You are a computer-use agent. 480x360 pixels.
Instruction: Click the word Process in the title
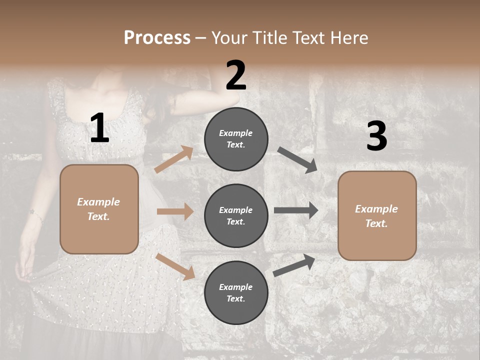(157, 38)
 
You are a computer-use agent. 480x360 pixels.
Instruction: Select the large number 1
(99, 128)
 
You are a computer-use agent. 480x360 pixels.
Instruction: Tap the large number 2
(236, 75)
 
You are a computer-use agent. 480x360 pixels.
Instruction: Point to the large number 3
(376, 136)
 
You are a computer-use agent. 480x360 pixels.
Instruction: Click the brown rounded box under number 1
(99, 209)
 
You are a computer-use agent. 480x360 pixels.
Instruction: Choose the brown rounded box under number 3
(377, 215)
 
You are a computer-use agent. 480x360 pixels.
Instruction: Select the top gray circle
(236, 139)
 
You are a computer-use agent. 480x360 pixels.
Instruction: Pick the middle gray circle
(236, 215)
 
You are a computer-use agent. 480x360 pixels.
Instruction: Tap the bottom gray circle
(236, 292)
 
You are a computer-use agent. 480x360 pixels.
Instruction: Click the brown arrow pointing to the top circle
(174, 159)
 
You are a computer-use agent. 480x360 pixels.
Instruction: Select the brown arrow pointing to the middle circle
(175, 211)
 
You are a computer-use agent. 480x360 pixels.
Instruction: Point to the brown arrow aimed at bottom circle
(175, 266)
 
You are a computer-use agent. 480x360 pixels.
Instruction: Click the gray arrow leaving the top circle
(297, 160)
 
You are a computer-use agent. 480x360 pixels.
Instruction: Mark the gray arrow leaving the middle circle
(296, 210)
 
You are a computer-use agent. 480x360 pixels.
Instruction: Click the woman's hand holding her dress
(22, 270)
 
